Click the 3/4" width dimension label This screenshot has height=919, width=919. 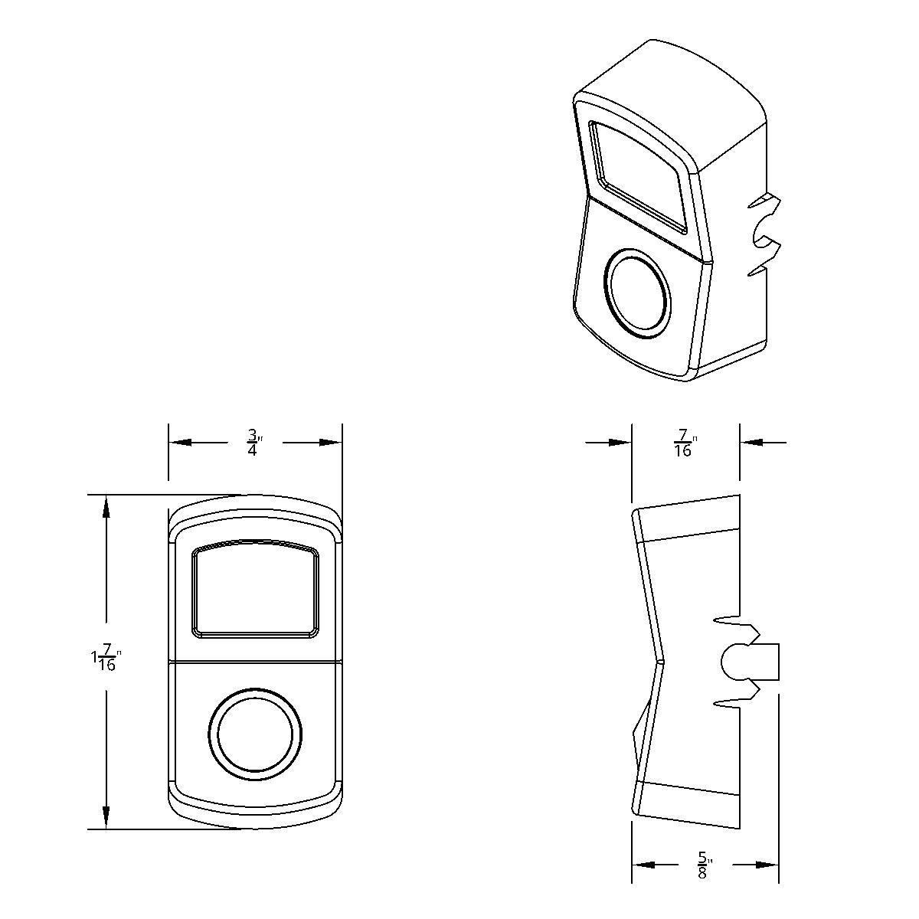pos(254,443)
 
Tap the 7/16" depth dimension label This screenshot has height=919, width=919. pos(684,443)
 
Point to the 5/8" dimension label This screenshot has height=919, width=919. pos(703,865)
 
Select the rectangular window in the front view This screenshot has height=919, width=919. pos(255,590)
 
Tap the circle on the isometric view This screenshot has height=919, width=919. pos(637,293)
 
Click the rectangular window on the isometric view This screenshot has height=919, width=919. pos(637,176)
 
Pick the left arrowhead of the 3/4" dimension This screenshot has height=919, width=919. pos(179,443)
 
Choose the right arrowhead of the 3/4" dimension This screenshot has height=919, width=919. pos(331,443)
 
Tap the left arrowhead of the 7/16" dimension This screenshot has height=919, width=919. pos(620,443)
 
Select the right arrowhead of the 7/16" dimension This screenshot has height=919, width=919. pos(751,443)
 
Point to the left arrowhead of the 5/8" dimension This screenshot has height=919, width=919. pos(643,865)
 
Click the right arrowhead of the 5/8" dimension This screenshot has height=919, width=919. pos(767,865)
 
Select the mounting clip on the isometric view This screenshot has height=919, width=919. pos(764,234)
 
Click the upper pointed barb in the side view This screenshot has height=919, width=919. pos(726,619)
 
